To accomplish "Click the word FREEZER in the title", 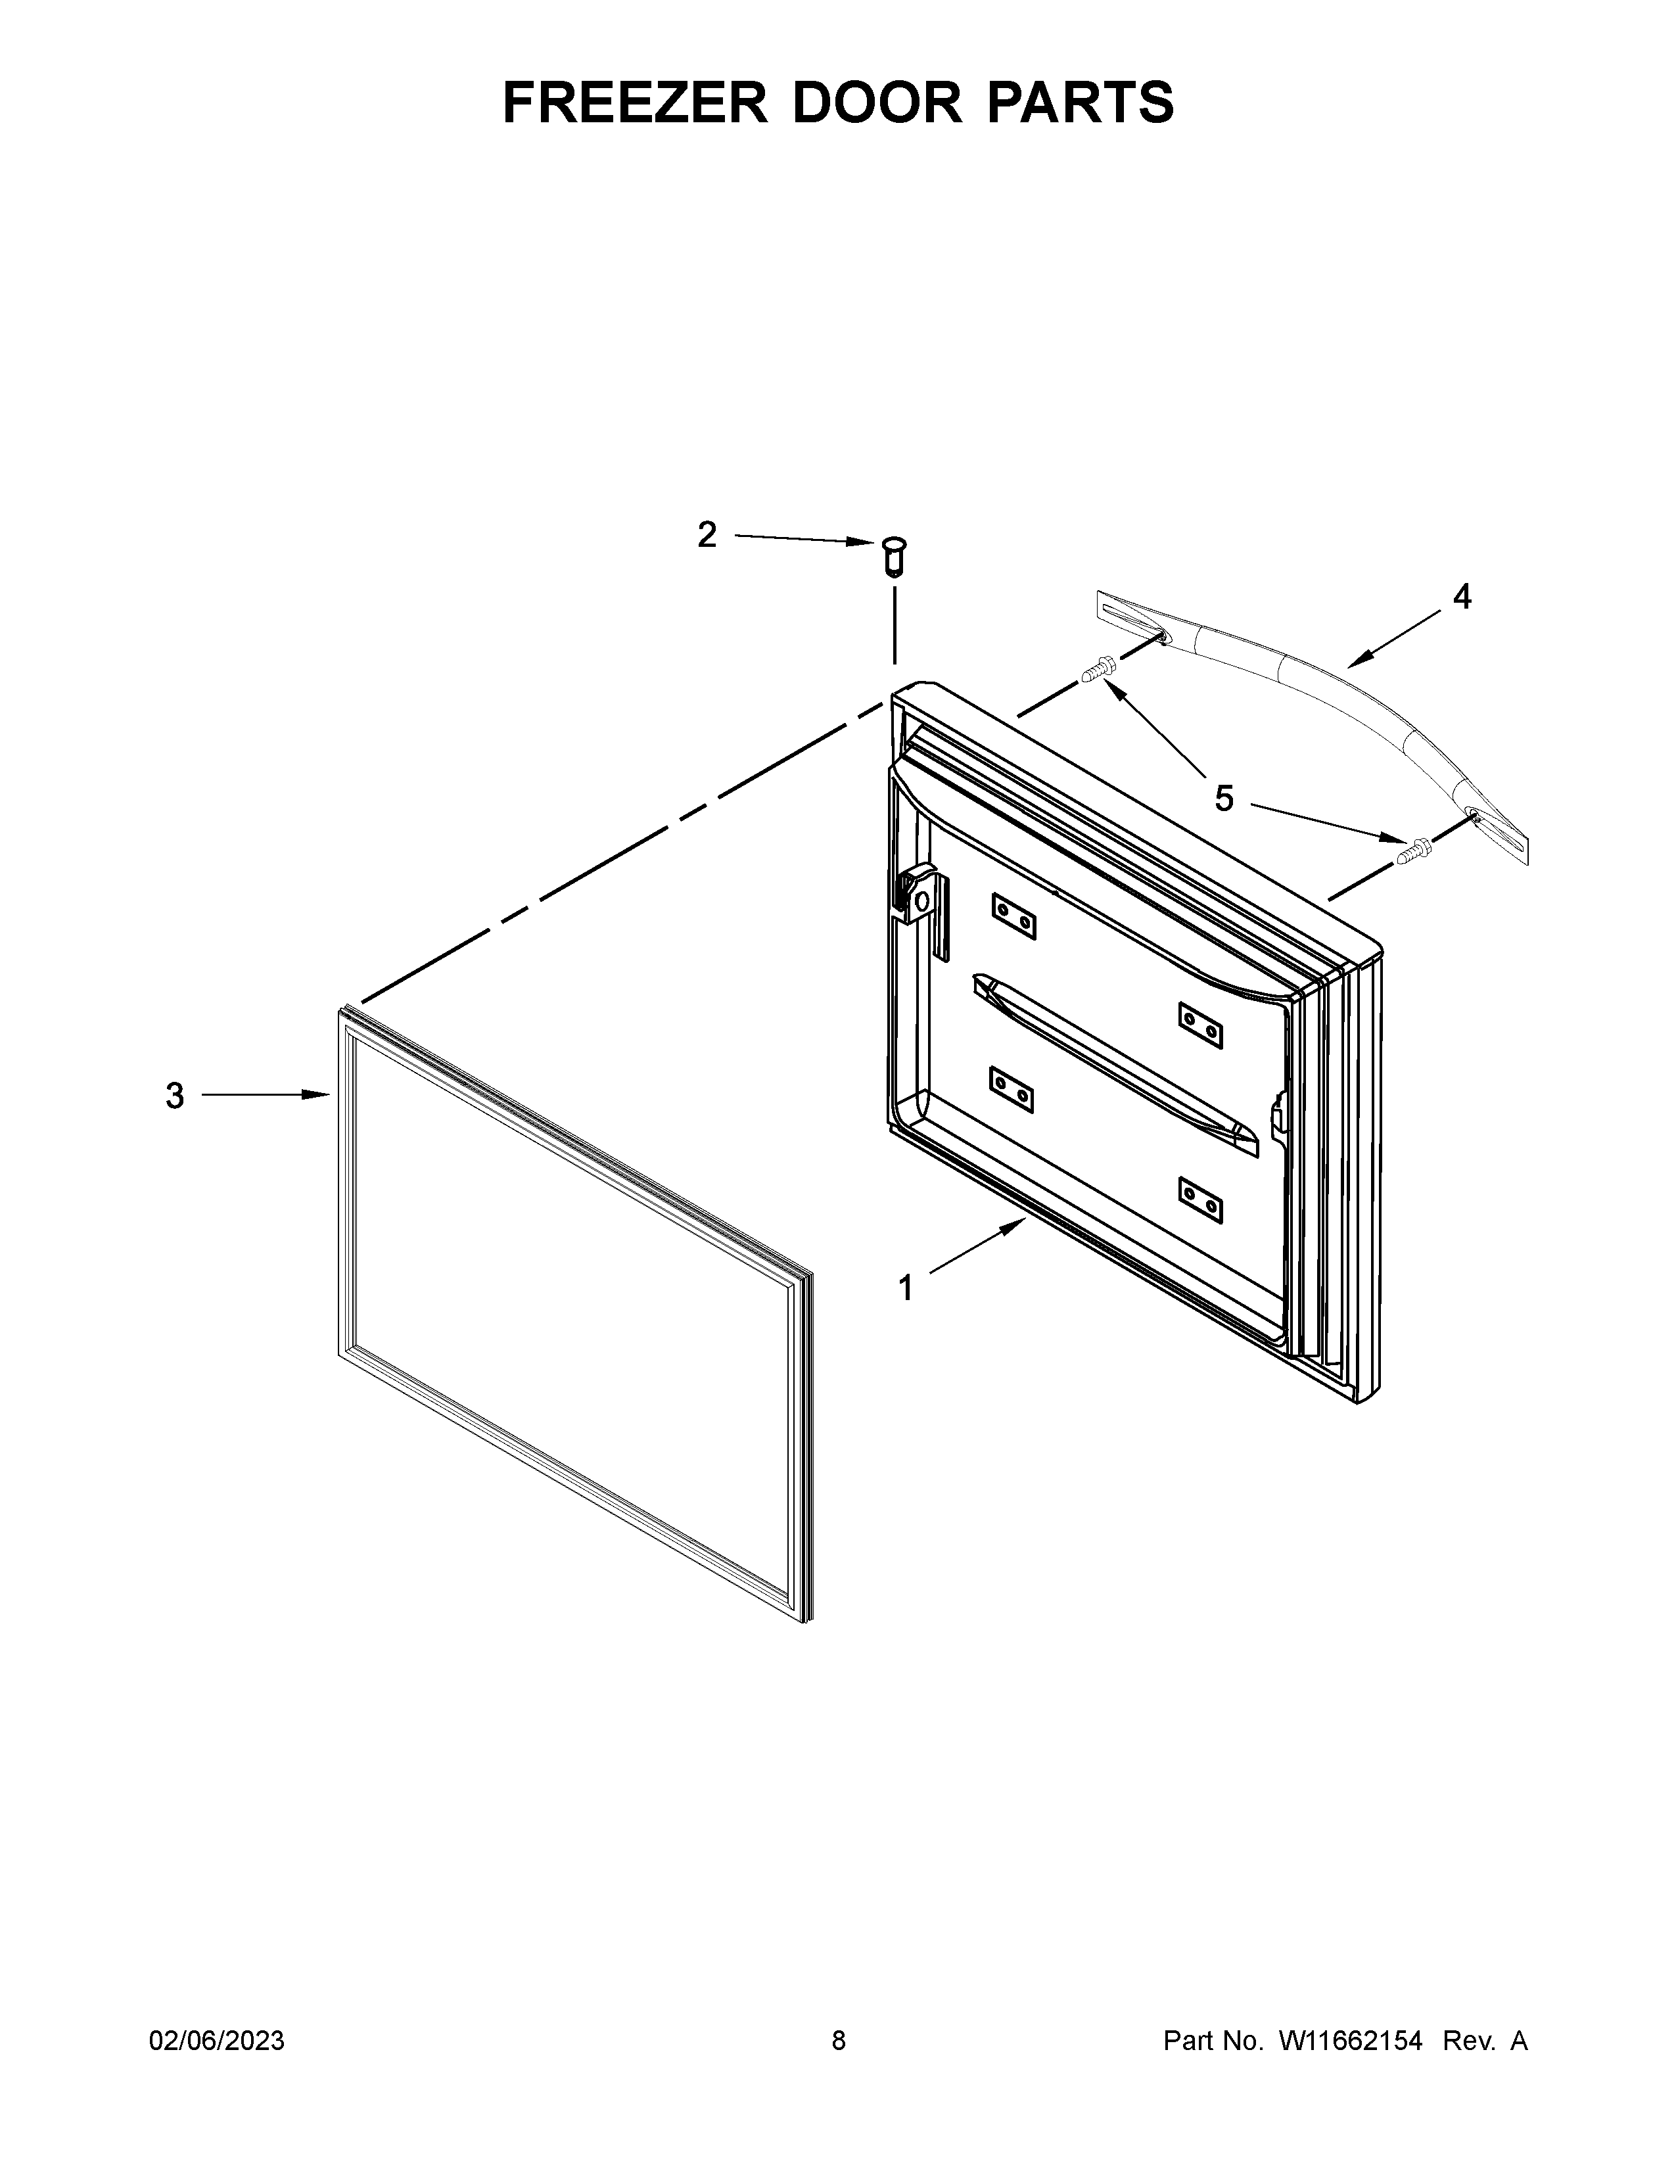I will tap(634, 103).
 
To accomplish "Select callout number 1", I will tap(904, 1289).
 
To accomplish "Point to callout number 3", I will tap(175, 1096).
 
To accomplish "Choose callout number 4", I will tap(1462, 597).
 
